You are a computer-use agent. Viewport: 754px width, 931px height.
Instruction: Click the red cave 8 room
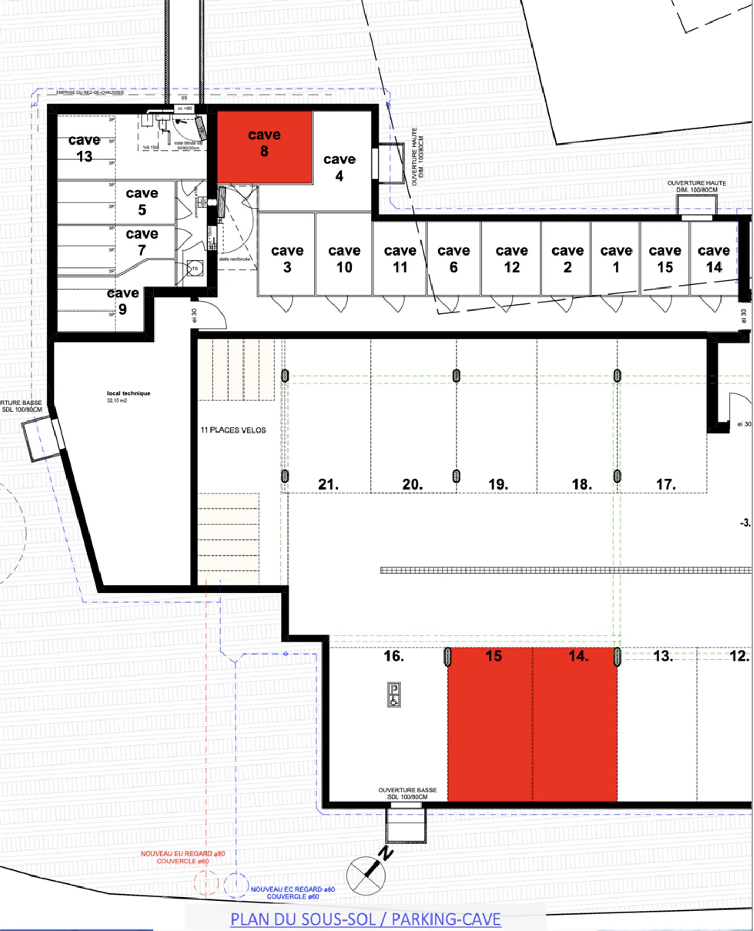tap(264, 147)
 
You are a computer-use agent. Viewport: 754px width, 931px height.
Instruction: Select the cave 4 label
tap(339, 167)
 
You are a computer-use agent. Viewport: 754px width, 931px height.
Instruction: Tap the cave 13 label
tap(84, 148)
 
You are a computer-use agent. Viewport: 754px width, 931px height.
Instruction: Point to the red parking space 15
tap(490, 728)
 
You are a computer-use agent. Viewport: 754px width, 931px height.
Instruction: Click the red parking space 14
tap(575, 728)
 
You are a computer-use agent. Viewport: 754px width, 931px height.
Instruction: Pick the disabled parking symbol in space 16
tap(394, 694)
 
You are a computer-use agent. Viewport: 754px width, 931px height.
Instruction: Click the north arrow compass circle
tap(366, 875)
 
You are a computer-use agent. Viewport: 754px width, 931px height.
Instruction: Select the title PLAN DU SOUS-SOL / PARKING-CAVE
tap(365, 919)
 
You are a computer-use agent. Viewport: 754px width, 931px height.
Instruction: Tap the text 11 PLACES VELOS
tap(233, 430)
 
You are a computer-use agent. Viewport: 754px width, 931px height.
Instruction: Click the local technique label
tap(128, 393)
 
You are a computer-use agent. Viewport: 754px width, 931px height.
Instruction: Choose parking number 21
tap(328, 484)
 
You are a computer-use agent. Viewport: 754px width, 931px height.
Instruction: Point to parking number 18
tap(582, 484)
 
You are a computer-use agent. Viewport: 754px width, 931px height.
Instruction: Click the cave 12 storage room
tap(512, 259)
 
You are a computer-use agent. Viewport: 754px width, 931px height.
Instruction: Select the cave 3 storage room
tap(287, 259)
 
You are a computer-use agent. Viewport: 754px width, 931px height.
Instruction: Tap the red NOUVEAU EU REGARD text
tap(183, 857)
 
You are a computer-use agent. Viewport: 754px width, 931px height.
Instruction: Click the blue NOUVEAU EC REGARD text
tap(292, 893)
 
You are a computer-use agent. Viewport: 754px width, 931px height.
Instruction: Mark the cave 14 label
tap(714, 259)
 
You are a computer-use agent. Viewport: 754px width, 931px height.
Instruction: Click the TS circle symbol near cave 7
tap(195, 269)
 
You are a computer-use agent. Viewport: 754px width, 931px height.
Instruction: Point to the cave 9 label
tap(123, 301)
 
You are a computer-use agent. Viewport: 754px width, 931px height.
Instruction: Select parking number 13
tap(663, 656)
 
